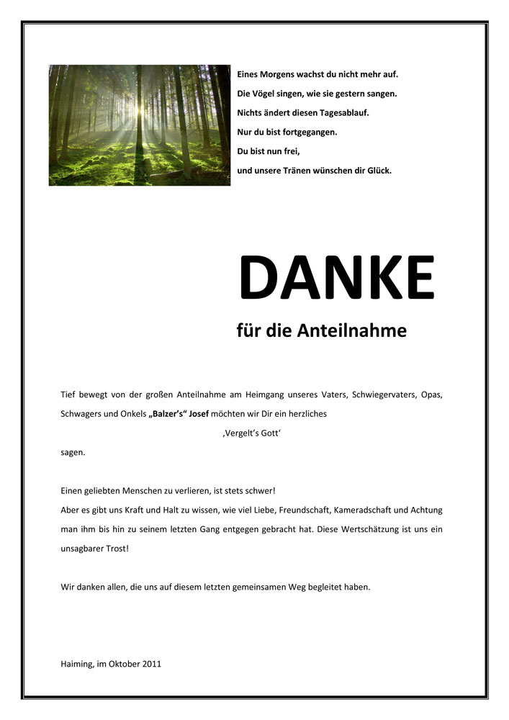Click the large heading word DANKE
336,277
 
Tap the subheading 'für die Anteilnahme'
321,331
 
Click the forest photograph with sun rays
140,125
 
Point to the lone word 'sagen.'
73,452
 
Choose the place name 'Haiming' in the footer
76,664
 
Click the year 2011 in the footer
151,664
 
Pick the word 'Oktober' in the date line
122,664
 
